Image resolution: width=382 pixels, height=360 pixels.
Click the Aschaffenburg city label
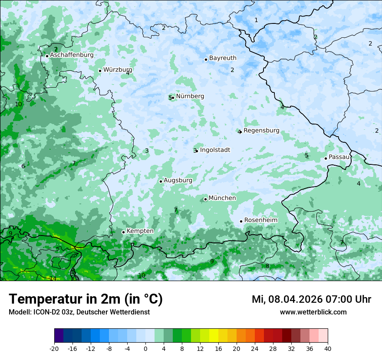72,55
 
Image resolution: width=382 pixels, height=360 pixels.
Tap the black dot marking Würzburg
100,71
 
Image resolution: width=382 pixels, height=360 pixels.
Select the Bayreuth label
223,58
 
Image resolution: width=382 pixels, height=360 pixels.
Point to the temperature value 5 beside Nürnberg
170,98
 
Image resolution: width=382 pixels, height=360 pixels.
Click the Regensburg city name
261,131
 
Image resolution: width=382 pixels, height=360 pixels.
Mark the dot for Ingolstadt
197,151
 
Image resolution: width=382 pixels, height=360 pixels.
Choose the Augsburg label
178,180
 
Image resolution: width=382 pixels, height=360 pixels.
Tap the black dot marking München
205,200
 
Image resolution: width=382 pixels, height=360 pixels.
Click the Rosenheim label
261,220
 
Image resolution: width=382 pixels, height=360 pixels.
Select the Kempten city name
140,231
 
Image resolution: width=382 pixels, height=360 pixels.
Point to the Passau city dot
326,158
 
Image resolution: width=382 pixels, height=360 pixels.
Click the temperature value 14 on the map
53,278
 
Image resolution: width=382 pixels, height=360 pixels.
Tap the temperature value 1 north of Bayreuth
256,20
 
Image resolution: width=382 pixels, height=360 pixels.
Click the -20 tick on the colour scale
54,348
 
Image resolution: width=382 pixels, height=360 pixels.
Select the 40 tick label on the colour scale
328,348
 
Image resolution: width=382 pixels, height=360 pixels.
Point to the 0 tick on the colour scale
145,348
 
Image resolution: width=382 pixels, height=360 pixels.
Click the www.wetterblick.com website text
313,312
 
